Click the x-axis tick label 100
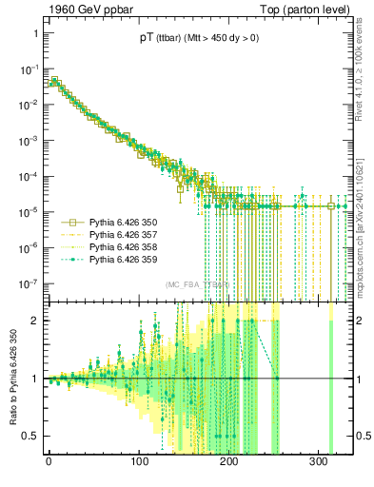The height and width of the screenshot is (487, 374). (139, 467)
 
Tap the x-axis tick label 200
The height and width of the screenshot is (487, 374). (229, 467)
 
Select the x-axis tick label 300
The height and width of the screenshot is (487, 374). (320, 467)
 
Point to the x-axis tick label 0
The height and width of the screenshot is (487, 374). (49, 467)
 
